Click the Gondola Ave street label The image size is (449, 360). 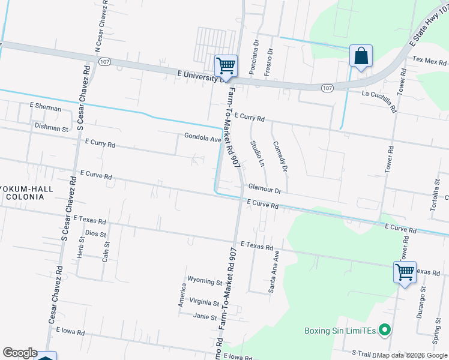[x=203, y=139]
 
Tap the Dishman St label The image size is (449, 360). [x=52, y=128]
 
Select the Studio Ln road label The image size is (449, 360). [x=257, y=153]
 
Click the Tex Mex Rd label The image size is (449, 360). [x=430, y=62]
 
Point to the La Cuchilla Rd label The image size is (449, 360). [x=379, y=101]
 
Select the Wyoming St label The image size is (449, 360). [x=205, y=281]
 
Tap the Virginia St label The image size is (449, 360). [x=204, y=302]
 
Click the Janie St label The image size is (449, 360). [x=205, y=316]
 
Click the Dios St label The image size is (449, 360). [x=95, y=233]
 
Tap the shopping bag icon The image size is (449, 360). [x=361, y=56]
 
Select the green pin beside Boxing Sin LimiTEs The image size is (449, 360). [x=386, y=330]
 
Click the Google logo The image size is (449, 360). [x=19, y=353]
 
